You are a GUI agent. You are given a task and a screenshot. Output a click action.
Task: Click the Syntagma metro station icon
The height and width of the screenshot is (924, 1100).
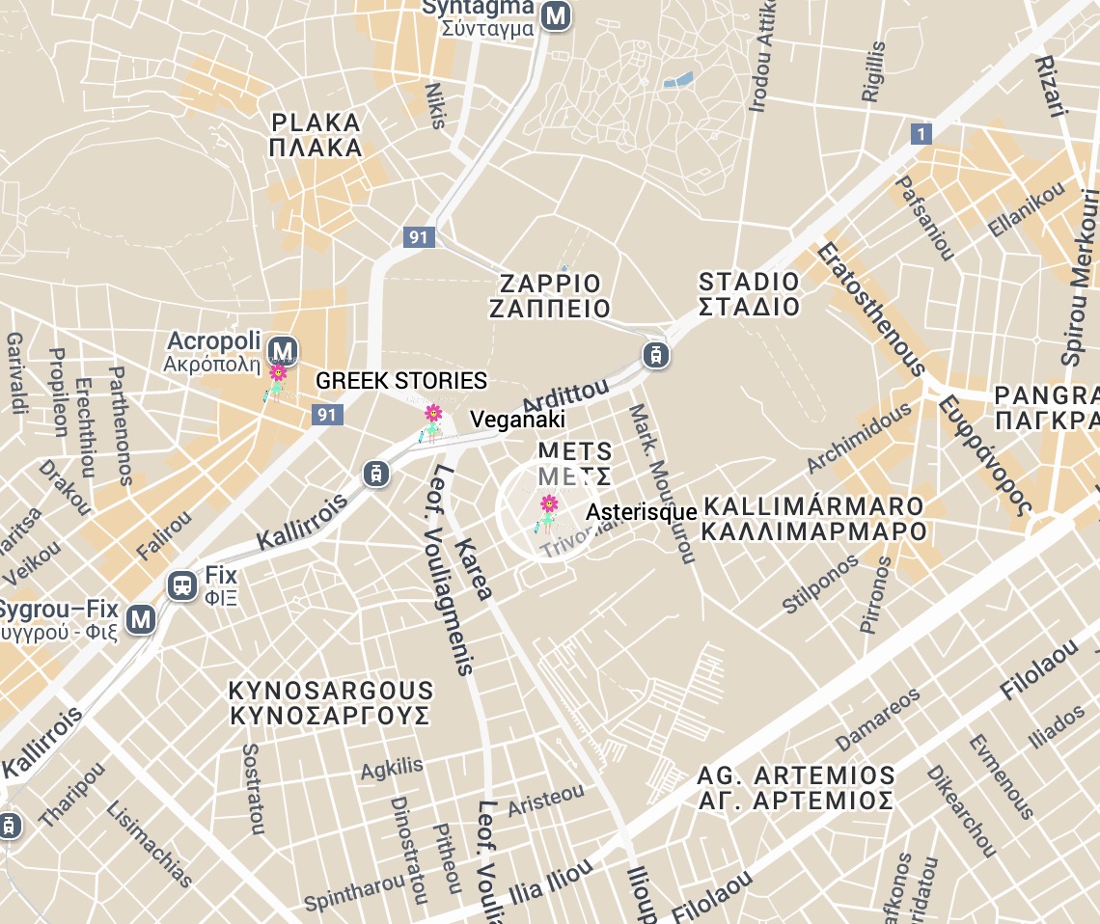coord(555,15)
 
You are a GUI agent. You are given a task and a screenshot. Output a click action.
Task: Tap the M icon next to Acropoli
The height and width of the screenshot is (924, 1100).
coord(283,349)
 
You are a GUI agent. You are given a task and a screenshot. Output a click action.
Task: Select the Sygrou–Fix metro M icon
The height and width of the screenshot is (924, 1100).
coord(142,618)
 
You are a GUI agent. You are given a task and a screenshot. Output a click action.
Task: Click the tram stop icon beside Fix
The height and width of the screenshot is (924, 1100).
coord(180,585)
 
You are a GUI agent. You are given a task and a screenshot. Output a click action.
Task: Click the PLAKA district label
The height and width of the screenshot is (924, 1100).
coord(316,135)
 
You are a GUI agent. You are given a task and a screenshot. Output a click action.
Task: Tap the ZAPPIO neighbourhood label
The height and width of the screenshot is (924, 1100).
coord(550,296)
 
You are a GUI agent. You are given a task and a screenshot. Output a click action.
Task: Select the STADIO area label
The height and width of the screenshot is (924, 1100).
coord(750,294)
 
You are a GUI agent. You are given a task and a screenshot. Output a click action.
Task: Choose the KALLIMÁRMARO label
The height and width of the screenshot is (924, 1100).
coord(814,519)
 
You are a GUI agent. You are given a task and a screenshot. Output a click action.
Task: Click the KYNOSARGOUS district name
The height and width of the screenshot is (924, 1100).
coord(330,703)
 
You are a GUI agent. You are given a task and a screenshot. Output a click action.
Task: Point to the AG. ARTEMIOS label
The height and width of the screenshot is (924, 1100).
coord(796,788)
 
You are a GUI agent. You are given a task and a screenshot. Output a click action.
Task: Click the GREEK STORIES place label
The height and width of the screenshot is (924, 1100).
coord(401,381)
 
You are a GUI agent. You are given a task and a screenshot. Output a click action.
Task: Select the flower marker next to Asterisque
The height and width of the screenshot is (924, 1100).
coord(548,513)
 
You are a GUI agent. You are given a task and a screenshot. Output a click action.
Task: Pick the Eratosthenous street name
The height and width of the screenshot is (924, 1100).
coord(870,309)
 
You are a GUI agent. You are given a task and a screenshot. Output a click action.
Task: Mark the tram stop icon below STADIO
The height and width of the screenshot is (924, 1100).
coord(656,355)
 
